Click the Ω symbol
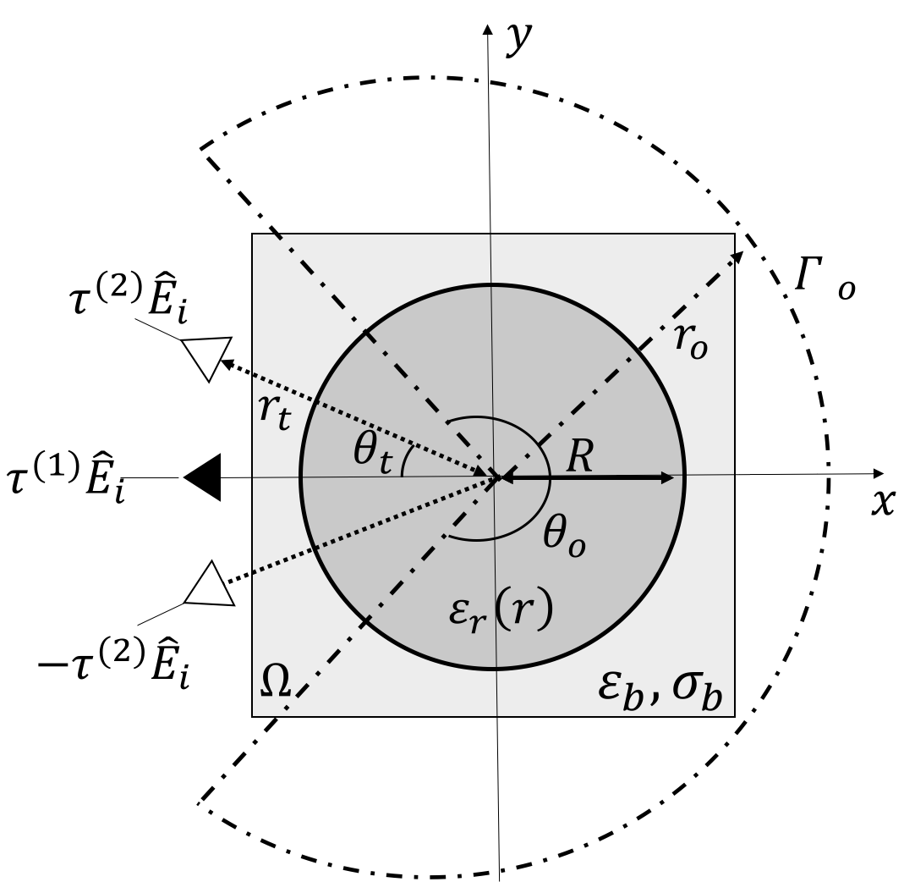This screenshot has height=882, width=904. (275, 680)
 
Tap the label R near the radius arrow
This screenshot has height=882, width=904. (579, 457)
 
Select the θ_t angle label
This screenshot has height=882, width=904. (372, 451)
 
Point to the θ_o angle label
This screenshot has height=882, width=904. (564, 536)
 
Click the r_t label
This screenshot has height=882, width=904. (274, 411)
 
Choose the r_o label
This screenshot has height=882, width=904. (690, 340)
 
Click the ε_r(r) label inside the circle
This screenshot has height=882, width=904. (501, 609)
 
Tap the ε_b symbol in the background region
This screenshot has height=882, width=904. (619, 687)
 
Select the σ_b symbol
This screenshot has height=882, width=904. (698, 687)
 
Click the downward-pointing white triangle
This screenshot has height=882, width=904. (207, 356)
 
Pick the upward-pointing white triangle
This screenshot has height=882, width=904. (209, 587)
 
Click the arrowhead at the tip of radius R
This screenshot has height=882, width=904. (667, 478)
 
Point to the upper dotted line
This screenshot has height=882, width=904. (364, 421)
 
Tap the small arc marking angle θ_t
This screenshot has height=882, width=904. (406, 463)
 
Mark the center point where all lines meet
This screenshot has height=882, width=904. (497, 478)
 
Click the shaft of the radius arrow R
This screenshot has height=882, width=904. (592, 478)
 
